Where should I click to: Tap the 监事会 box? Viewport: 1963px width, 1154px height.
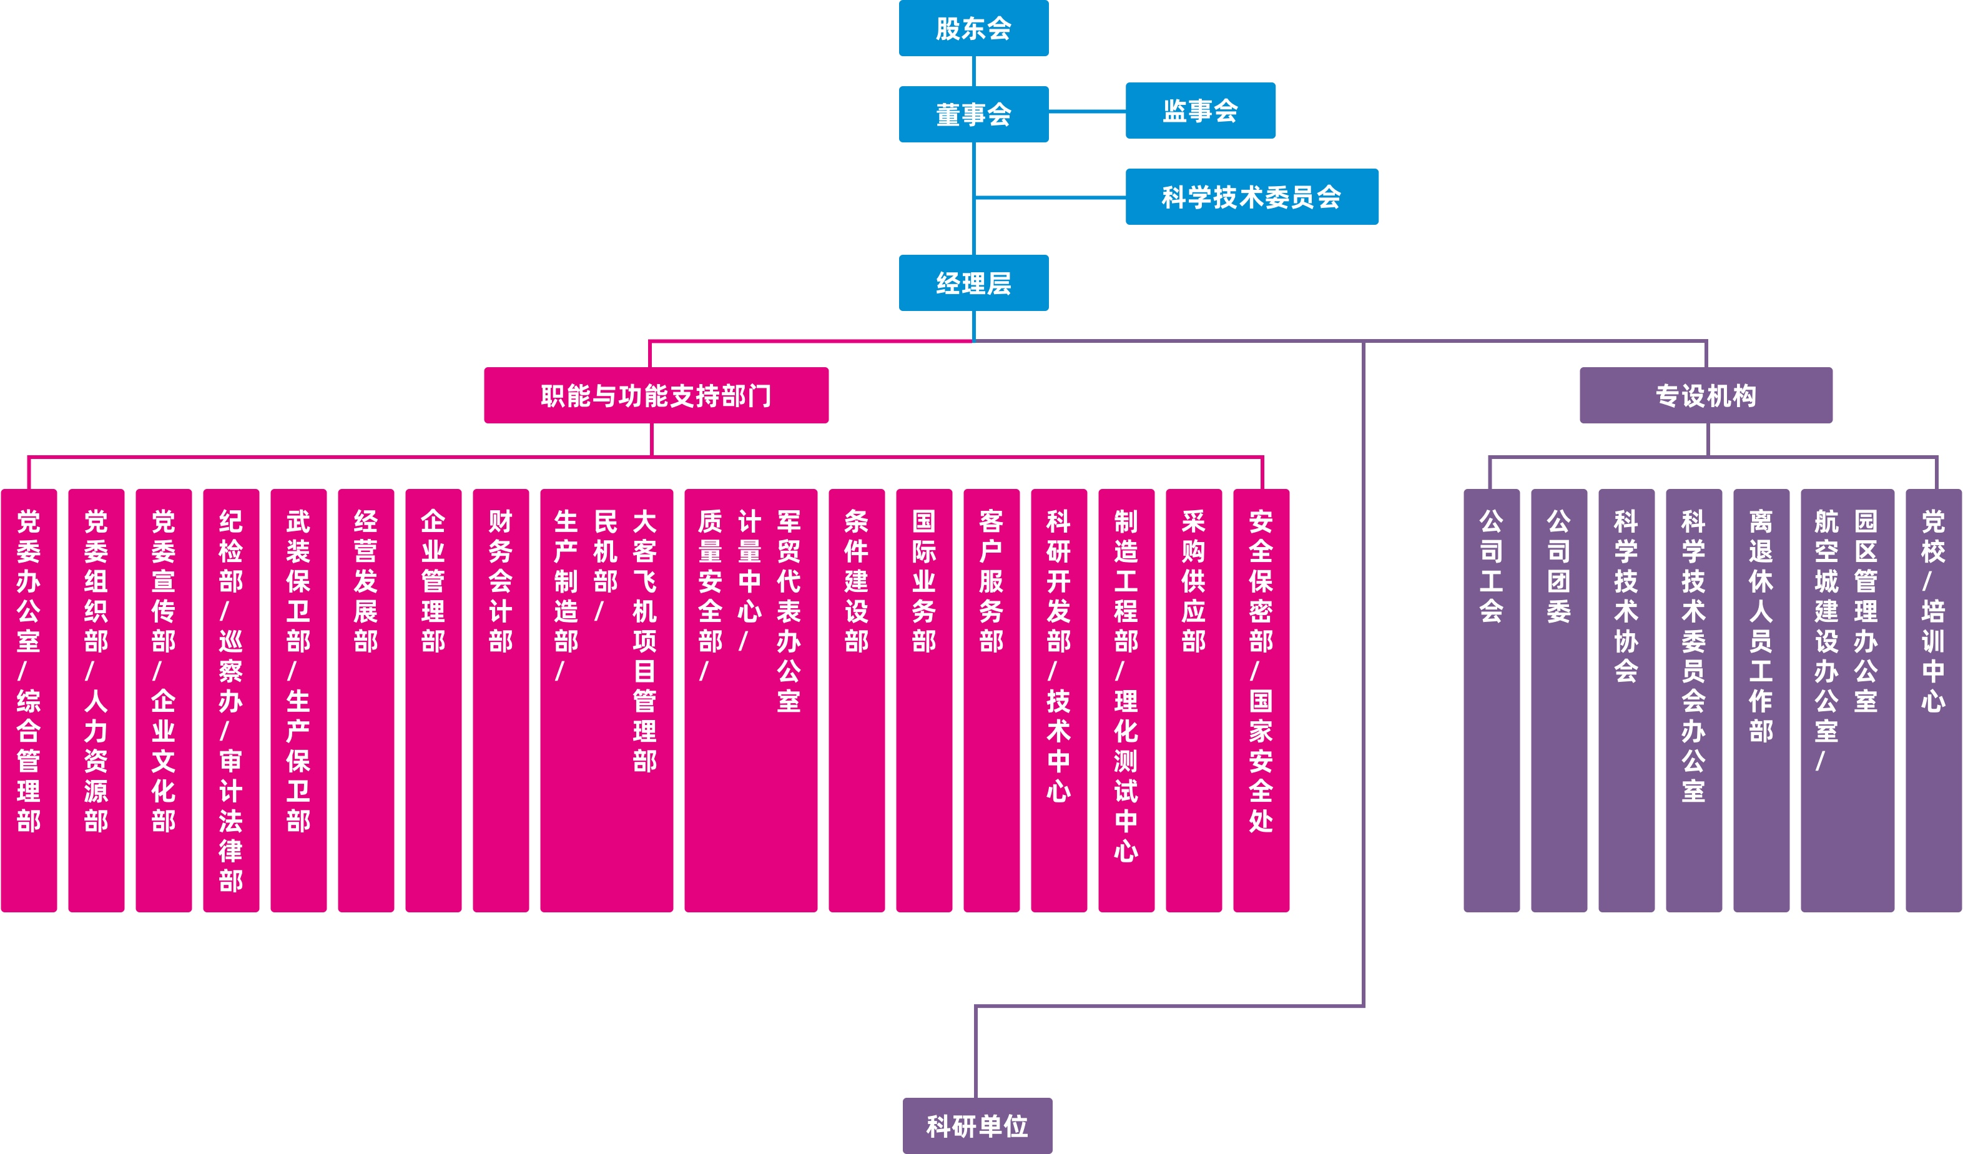(1199, 111)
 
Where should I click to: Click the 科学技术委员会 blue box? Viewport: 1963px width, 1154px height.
(1251, 196)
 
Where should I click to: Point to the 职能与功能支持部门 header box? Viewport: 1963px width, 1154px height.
(656, 395)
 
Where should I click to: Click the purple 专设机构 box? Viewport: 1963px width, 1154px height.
(1705, 395)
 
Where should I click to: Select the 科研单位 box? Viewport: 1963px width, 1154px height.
(977, 1125)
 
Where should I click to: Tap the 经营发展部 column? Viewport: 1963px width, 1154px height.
(365, 700)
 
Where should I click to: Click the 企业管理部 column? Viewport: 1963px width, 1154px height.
(433, 700)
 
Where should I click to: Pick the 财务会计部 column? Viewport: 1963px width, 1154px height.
(500, 700)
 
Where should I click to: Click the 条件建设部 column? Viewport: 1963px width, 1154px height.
(856, 700)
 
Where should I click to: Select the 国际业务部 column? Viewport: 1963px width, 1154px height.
(924, 700)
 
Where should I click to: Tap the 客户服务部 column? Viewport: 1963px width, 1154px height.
(991, 700)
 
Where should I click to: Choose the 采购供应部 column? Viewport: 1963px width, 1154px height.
(1193, 700)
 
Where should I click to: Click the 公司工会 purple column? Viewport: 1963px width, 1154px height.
(1491, 700)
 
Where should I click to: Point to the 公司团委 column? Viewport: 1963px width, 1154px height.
(1558, 700)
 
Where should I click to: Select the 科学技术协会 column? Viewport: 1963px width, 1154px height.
(1626, 700)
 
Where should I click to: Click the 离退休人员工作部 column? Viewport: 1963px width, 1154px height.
(1761, 700)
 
